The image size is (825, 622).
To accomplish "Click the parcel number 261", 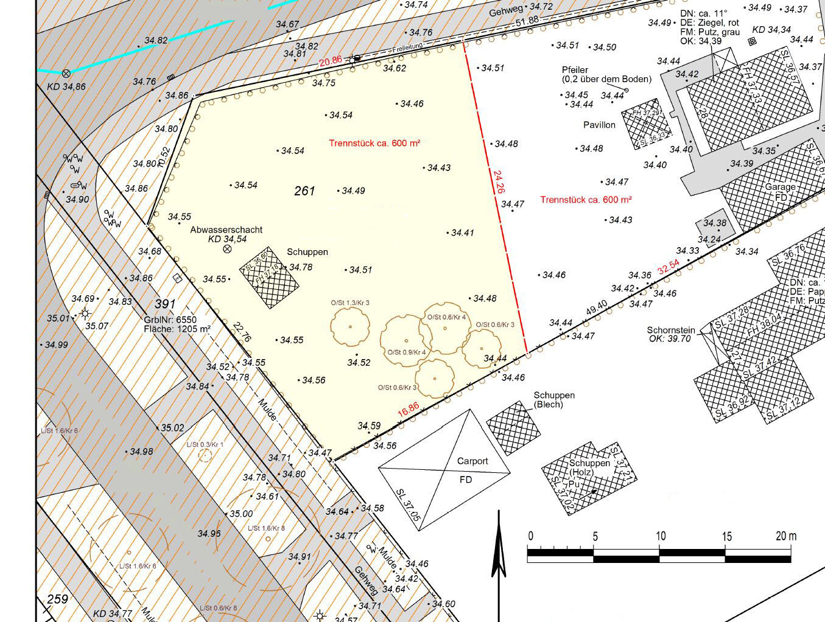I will (x=304, y=191).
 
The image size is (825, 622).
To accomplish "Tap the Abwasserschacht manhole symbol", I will (x=227, y=249).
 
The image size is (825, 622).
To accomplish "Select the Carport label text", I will (x=472, y=461).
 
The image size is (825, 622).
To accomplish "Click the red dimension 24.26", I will (x=499, y=181).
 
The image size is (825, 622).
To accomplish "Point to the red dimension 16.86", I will (x=409, y=410).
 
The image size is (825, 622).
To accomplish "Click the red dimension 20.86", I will (x=331, y=61).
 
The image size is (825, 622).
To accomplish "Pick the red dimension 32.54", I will (x=668, y=267).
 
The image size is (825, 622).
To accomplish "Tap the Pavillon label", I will (x=599, y=125).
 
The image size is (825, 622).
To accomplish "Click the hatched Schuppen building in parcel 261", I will (x=269, y=278).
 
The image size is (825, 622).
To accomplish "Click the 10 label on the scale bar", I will (x=661, y=536).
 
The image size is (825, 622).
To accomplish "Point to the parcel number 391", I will (x=165, y=304).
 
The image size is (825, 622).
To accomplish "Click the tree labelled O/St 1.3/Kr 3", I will (x=350, y=327).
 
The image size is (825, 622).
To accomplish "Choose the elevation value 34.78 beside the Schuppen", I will (x=301, y=267).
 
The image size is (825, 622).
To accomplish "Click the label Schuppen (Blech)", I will (x=554, y=400).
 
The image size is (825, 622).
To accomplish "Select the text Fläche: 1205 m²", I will (x=177, y=329).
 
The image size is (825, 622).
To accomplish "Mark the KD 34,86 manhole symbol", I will (x=66, y=74).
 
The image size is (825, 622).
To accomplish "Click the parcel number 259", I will (x=58, y=599).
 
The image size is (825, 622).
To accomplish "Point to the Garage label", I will (x=781, y=187).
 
